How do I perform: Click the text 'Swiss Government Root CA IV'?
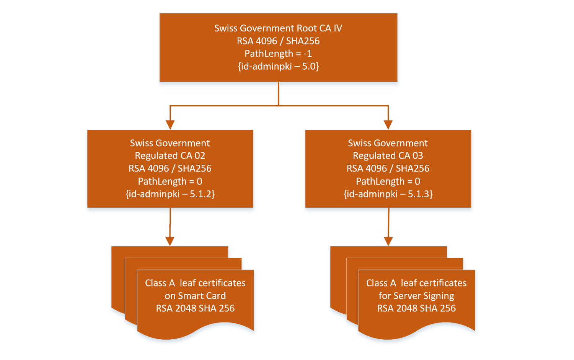coord(278,28)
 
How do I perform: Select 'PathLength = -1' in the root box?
coord(278,54)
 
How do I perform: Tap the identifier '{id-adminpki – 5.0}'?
coord(278,66)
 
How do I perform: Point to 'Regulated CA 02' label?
coord(170,156)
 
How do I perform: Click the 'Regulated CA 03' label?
coord(388,156)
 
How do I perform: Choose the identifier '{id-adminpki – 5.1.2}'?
coord(170,194)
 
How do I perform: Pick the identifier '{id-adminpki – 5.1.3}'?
coord(388,194)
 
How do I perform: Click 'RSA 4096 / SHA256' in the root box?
coord(278,41)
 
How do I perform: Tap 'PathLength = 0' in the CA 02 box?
coord(170,181)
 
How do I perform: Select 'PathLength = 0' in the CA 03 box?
coord(388,181)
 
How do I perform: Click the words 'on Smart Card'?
coord(195,296)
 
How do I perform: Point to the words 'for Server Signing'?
coord(416,296)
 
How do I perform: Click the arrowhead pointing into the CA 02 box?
coord(170,125)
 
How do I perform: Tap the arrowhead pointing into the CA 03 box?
coord(388,125)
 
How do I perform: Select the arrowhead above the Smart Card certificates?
coord(170,241)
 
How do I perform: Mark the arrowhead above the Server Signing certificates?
coord(388,241)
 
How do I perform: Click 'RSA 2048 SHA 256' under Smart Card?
coord(195,308)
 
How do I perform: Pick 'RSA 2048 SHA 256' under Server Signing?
coord(416,308)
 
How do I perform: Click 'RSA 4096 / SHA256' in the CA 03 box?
coord(388,169)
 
